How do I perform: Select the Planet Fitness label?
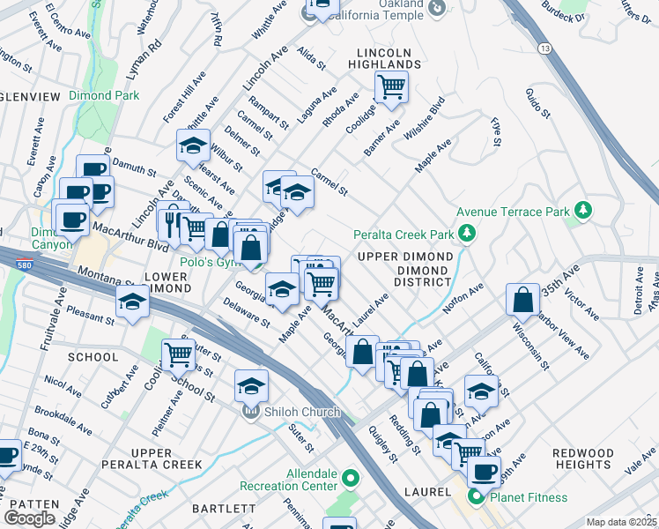click(529, 497)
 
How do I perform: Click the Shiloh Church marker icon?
click(250, 411)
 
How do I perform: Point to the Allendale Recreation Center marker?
click(351, 480)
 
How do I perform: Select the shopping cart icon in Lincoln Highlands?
click(390, 86)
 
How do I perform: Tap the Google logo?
click(30, 518)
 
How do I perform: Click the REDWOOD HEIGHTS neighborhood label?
click(582, 458)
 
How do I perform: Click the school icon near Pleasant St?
click(132, 302)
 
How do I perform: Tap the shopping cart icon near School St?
click(179, 354)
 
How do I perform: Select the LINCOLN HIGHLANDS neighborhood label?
click(389, 58)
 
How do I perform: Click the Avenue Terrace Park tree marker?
click(581, 210)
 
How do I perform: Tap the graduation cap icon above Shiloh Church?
click(251, 385)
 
